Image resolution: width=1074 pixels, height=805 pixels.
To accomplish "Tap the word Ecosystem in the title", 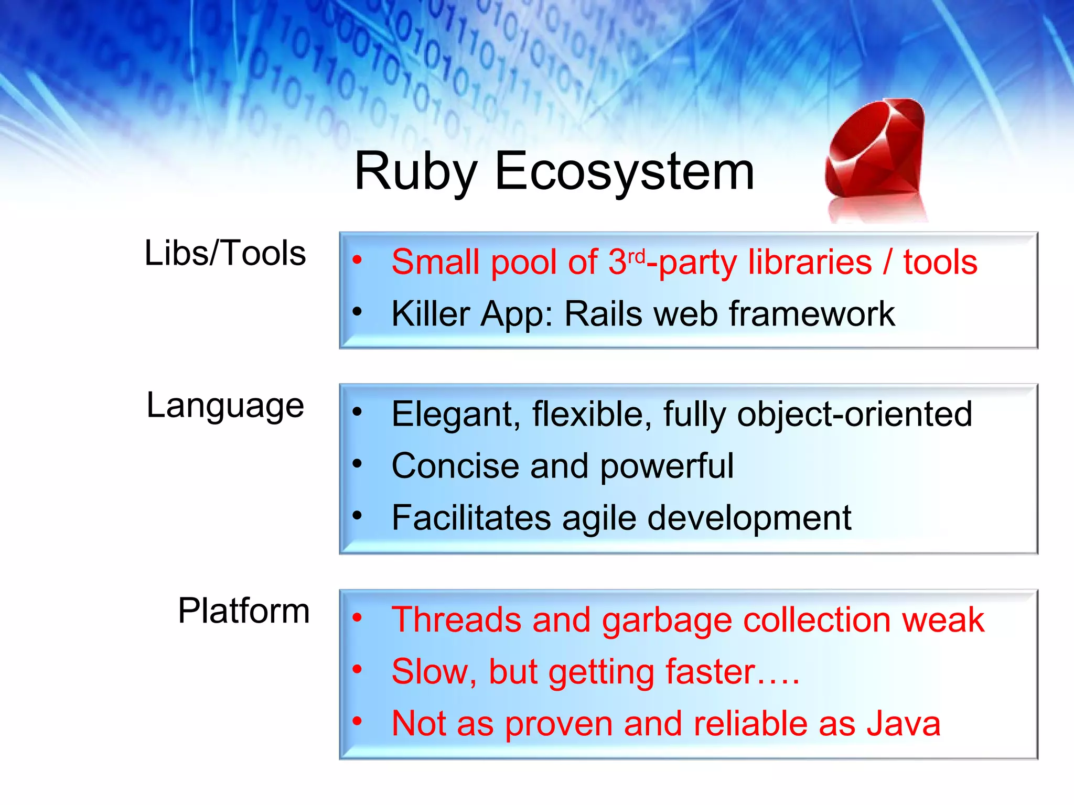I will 624,172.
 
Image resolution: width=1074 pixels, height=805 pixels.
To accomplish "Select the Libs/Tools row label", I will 225,253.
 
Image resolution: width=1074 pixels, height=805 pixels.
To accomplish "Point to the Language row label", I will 225,406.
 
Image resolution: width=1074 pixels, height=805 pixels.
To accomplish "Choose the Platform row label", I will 244,611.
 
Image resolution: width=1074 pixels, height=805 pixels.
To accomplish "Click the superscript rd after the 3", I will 636,256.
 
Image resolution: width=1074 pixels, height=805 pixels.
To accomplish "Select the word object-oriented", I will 854,414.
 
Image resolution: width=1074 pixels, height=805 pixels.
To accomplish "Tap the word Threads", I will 456,619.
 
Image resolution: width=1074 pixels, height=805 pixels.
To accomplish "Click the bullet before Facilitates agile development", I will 357,515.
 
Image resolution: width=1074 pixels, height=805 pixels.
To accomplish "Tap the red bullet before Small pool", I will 357,259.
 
